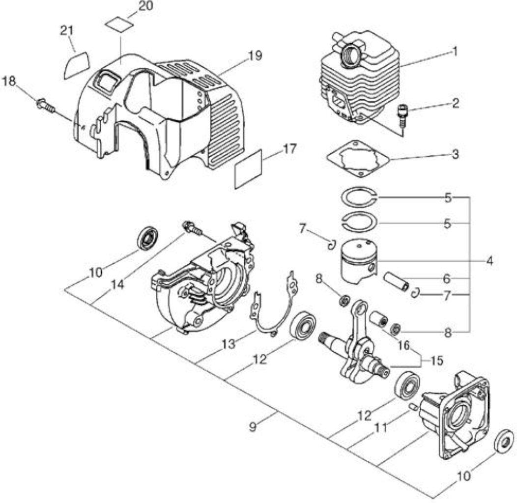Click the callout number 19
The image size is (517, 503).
(255, 56)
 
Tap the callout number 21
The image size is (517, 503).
(67, 30)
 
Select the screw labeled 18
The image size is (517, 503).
(46, 105)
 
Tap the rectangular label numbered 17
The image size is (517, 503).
(248, 169)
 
